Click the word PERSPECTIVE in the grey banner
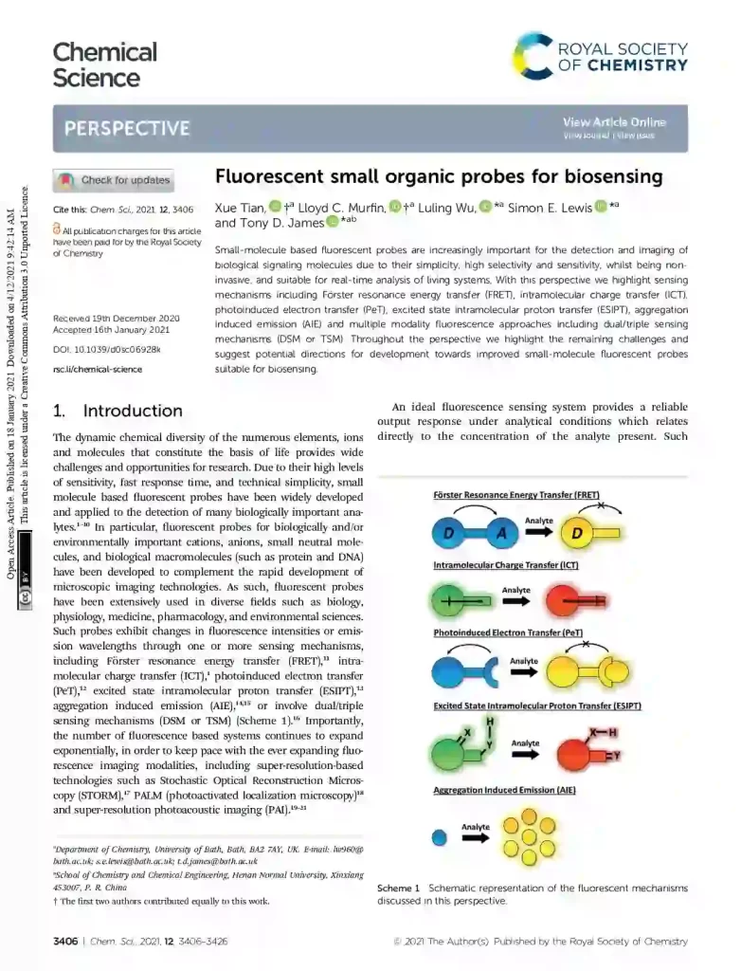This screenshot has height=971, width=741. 127,128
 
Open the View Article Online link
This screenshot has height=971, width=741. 614,122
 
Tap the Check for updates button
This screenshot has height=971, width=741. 115,180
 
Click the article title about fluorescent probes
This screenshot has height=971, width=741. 439,177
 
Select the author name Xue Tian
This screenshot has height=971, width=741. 240,207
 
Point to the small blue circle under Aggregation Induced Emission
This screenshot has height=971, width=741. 439,837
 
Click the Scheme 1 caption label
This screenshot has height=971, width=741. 399,889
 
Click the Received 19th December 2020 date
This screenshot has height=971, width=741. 116,318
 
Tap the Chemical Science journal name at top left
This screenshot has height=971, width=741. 104,64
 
